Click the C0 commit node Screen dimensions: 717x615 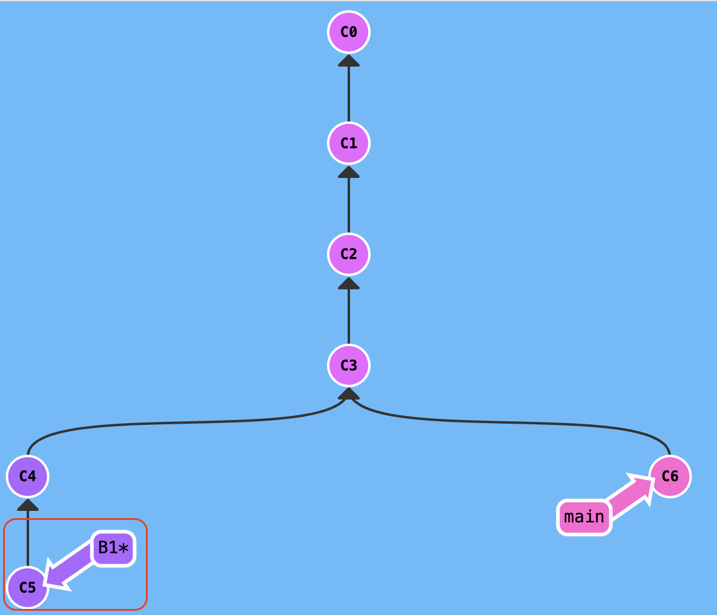pyautogui.click(x=349, y=31)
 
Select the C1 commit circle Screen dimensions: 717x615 pyautogui.click(x=349, y=143)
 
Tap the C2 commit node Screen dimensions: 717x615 pyautogui.click(x=349, y=254)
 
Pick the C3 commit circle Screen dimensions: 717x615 pyautogui.click(x=349, y=365)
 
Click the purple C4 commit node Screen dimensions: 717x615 pyautogui.click(x=28, y=476)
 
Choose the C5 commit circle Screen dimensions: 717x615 pyautogui.click(x=28, y=587)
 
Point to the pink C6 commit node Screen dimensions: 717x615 pyautogui.click(x=670, y=476)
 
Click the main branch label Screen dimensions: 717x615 pyautogui.click(x=584, y=517)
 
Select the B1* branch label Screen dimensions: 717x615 pyautogui.click(x=113, y=548)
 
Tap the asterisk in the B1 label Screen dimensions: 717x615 pyautogui.click(x=124, y=549)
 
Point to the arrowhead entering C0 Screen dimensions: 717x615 pyautogui.click(x=349, y=61)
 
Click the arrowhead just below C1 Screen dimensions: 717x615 pyautogui.click(x=349, y=172)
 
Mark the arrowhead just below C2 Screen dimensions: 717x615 pyautogui.click(x=349, y=283)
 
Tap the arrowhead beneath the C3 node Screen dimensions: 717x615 pyautogui.click(x=349, y=393)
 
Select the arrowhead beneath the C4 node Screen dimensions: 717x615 pyautogui.click(x=28, y=505)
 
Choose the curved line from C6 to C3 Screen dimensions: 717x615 pyautogui.click(x=515, y=423)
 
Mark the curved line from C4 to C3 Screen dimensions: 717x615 pyautogui.click(x=182, y=423)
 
